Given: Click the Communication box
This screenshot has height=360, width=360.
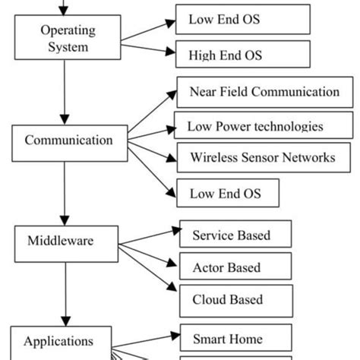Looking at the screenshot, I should [69, 141].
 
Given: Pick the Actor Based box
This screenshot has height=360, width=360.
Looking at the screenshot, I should [235, 267].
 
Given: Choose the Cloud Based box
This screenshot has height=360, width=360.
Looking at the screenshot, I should [235, 299].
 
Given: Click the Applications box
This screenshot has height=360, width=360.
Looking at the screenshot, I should [58, 342].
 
